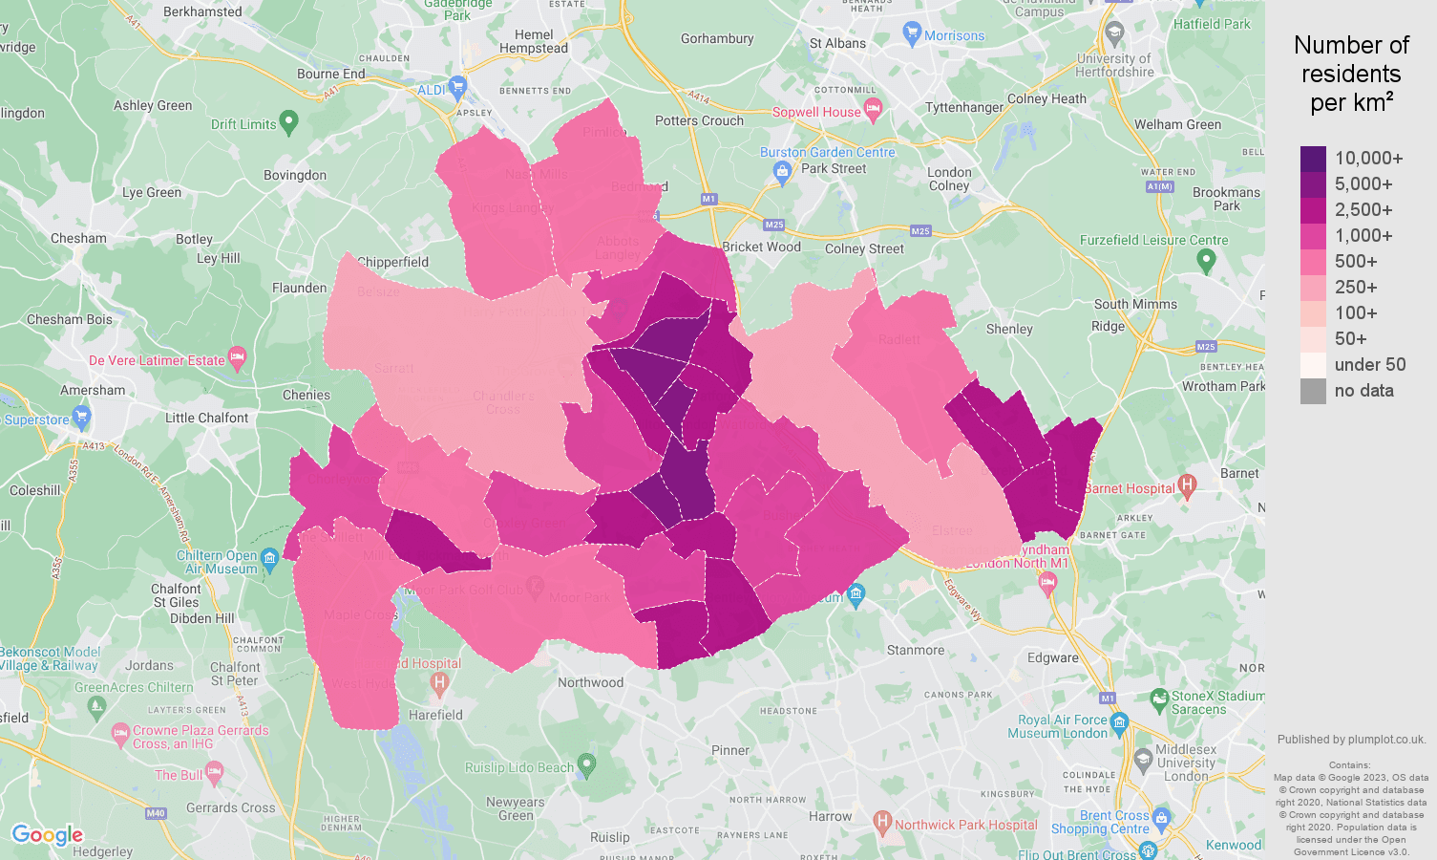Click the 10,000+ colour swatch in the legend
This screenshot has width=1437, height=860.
(x=1313, y=159)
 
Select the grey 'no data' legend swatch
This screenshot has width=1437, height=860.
(x=1313, y=391)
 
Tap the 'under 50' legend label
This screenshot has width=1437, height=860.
(x=1369, y=365)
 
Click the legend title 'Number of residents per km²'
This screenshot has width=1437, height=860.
(x=1351, y=74)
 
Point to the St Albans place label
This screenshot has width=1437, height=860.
(x=837, y=43)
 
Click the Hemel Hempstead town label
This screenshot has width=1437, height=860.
(x=534, y=41)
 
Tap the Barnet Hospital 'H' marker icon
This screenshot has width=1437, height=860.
(x=1187, y=486)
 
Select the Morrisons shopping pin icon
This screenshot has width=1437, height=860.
(x=912, y=33)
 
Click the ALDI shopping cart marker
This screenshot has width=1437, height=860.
(x=457, y=88)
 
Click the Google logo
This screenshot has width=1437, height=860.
(x=47, y=835)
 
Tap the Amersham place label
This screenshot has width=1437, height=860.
(x=93, y=390)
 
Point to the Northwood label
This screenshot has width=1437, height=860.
(x=590, y=682)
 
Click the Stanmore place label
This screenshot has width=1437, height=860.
(x=915, y=650)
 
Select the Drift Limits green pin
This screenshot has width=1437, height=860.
(x=289, y=122)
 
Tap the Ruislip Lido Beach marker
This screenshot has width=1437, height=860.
(x=586, y=765)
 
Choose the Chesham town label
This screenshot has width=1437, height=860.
(x=78, y=238)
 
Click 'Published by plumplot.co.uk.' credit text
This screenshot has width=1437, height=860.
(x=1351, y=739)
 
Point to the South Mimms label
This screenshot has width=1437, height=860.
(x=1135, y=304)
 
